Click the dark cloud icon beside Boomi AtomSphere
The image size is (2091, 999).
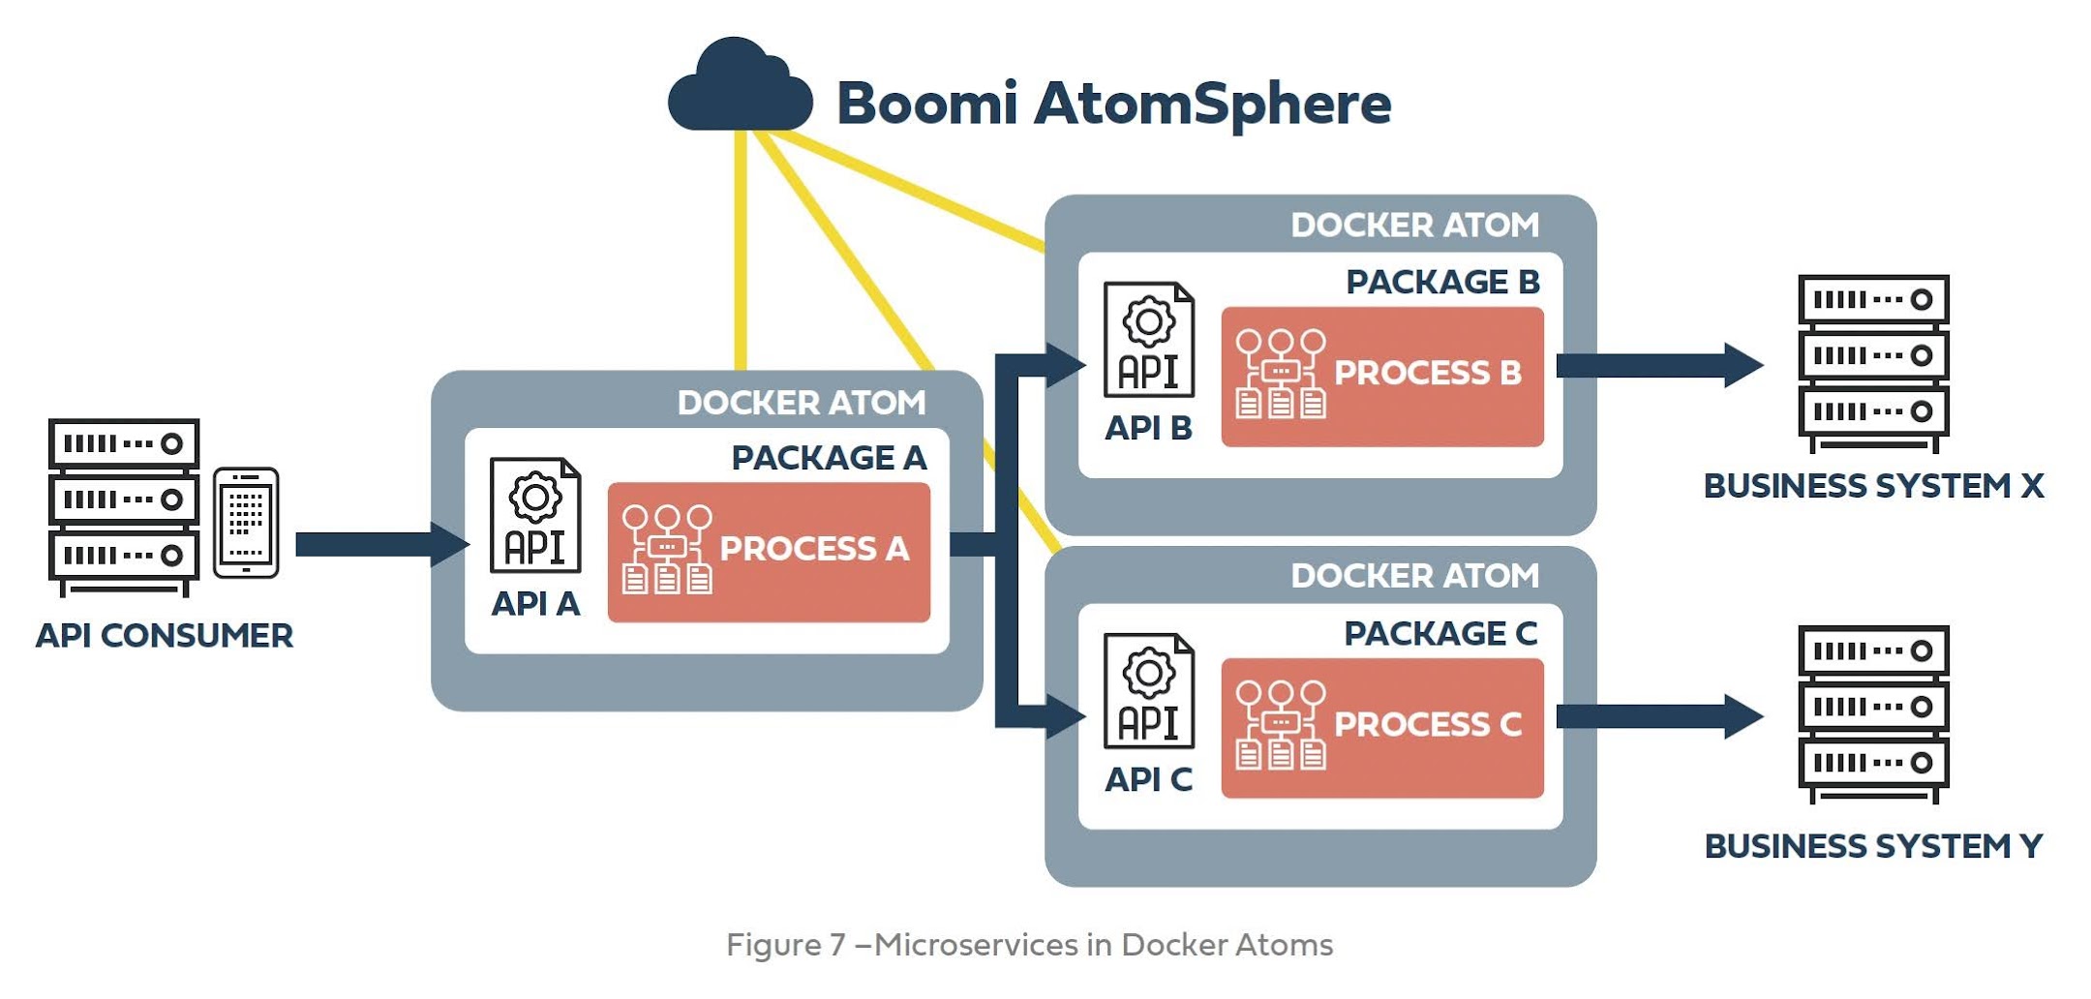[x=740, y=89]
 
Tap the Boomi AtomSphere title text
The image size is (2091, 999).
[x=1113, y=103]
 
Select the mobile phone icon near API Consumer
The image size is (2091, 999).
[x=246, y=523]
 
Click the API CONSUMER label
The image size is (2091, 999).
[x=165, y=636]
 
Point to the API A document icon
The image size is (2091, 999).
[x=535, y=516]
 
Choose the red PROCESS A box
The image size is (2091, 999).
[x=769, y=552]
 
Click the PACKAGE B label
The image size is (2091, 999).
[x=1442, y=282]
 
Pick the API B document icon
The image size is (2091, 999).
[x=1149, y=340]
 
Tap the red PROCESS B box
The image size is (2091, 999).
[x=1382, y=377]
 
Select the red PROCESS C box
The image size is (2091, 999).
[x=1382, y=728]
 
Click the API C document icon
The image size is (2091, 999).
[x=1149, y=691]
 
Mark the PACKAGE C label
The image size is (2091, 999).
[x=1440, y=633]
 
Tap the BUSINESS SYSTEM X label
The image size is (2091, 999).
[x=1873, y=485]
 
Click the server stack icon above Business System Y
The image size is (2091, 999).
[x=1873, y=714]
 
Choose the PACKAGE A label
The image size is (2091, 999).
[x=829, y=457]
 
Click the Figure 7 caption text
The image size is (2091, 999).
[x=1029, y=944]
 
